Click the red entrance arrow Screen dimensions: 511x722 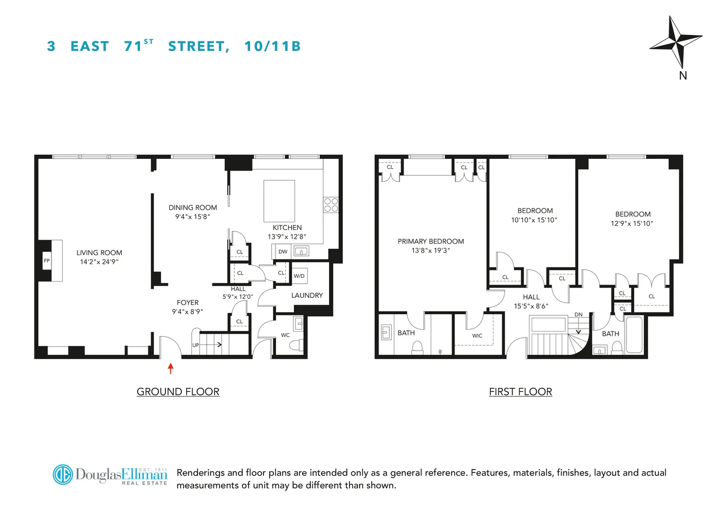(x=170, y=368)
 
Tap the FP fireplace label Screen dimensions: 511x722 (x=47, y=261)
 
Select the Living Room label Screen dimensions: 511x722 (x=99, y=252)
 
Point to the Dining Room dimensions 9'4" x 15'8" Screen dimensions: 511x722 (x=192, y=217)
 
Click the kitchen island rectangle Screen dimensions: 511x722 (x=279, y=201)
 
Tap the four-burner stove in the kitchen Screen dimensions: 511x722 (x=331, y=205)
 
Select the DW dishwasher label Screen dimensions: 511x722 (x=283, y=251)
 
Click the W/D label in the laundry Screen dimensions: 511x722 (x=299, y=276)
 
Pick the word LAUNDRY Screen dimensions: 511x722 (x=307, y=295)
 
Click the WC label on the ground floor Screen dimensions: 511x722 (x=285, y=335)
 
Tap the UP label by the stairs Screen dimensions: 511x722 (x=195, y=345)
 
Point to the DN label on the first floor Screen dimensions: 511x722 (x=578, y=314)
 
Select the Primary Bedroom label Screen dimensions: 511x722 (x=431, y=241)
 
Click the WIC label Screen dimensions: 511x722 (x=477, y=336)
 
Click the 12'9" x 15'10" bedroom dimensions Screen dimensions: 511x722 (x=632, y=223)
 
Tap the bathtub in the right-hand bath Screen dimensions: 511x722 (x=634, y=335)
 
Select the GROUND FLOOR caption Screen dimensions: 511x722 (x=178, y=392)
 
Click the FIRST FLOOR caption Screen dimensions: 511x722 (x=520, y=392)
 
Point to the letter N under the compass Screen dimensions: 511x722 (x=683, y=76)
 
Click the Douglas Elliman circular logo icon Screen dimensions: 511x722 (x=63, y=474)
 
